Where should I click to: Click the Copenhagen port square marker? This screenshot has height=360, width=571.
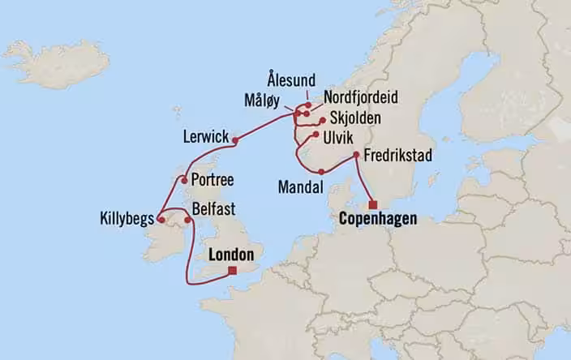[373, 204]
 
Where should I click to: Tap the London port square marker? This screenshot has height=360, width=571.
[233, 271]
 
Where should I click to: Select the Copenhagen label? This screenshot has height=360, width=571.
[379, 219]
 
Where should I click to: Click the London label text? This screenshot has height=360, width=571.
[232, 255]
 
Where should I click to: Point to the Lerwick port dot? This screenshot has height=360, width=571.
[235, 141]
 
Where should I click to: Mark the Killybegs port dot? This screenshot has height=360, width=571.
[161, 219]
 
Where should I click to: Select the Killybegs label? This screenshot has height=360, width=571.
[127, 219]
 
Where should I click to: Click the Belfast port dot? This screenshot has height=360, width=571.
[188, 219]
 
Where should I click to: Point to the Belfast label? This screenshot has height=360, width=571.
[214, 209]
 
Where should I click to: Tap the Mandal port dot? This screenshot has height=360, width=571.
[322, 171]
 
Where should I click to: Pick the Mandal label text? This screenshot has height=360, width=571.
[300, 186]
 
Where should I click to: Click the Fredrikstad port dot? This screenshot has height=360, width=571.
[355, 155]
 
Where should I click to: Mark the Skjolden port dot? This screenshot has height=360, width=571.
[323, 120]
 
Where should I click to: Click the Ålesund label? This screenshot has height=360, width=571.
[290, 79]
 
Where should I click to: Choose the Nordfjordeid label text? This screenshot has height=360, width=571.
[360, 97]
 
